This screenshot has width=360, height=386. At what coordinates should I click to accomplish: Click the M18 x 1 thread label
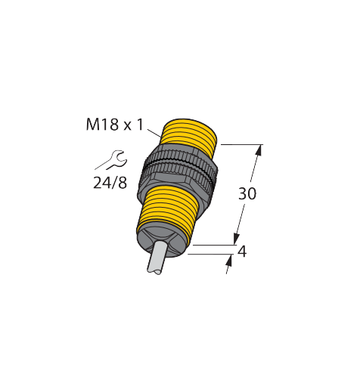115,125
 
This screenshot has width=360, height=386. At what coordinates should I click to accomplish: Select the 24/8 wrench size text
110,183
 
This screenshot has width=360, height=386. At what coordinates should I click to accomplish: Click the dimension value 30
247,193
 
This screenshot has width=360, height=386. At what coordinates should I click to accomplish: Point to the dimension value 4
242,252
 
